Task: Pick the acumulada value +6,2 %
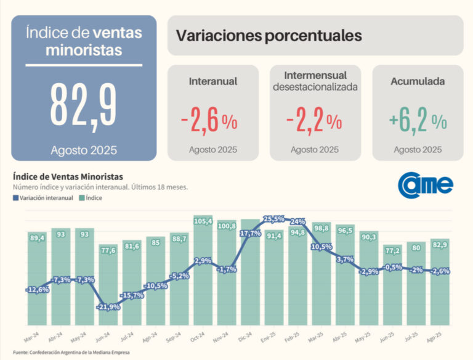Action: pos(418,121)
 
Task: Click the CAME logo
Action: pos(426,183)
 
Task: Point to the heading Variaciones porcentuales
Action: pos(269,36)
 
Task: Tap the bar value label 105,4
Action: pos(203,221)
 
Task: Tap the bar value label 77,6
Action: pos(109,250)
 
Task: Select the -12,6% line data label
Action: pos(38,290)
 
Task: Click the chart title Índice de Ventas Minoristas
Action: pos(68,177)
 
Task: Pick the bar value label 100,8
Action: pos(227,226)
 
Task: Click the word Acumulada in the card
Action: pos(418,81)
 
